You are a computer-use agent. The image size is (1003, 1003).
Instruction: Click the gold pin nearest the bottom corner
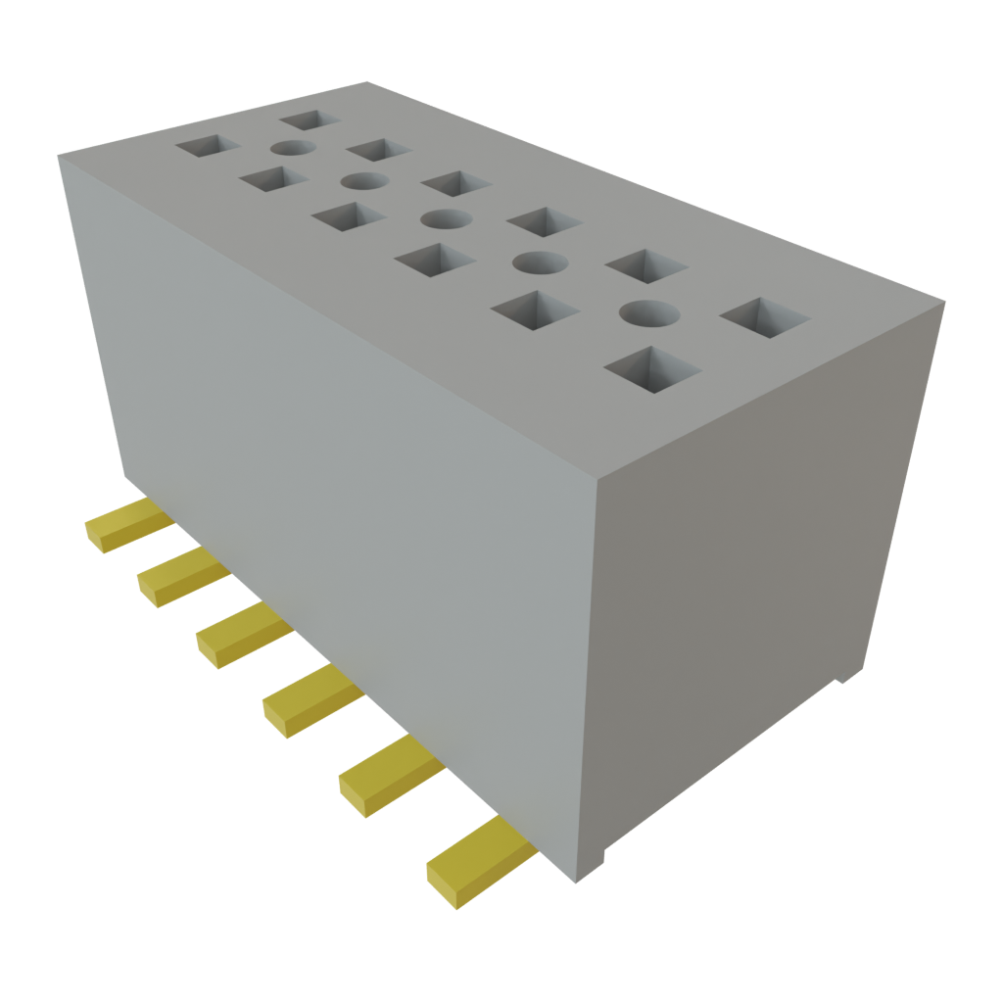pos(477,862)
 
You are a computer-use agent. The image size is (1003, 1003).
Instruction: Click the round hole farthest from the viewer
pos(291,148)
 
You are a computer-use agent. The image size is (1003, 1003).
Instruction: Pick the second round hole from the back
pos(362,181)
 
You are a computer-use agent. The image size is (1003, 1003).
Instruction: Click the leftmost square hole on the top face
pos(207,147)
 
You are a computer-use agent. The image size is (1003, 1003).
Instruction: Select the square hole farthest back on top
pos(309,119)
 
